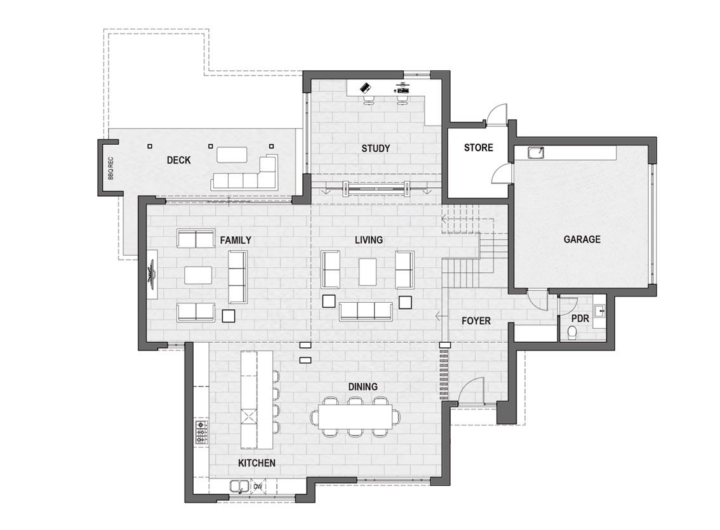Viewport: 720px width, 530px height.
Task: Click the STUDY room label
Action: tap(375, 149)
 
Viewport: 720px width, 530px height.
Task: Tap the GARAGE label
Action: tap(582, 239)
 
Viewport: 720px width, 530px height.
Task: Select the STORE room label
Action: tap(478, 147)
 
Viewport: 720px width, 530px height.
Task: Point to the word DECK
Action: tap(178, 160)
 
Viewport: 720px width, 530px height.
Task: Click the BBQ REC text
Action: tap(110, 168)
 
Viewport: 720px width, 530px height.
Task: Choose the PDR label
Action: tap(580, 318)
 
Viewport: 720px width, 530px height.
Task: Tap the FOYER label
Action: tap(476, 321)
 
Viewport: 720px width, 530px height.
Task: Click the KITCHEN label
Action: tap(257, 463)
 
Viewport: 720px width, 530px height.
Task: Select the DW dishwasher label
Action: tap(258, 486)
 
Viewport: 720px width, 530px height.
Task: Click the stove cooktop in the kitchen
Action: tap(201, 432)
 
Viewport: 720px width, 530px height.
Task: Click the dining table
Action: tap(356, 416)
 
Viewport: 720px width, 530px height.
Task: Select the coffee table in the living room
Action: tap(368, 272)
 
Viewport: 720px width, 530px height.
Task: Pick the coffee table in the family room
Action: tap(198, 275)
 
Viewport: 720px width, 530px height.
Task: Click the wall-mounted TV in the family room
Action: tap(152, 274)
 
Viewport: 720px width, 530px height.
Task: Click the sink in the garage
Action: tap(535, 153)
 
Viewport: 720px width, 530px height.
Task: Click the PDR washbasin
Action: tap(600, 312)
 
